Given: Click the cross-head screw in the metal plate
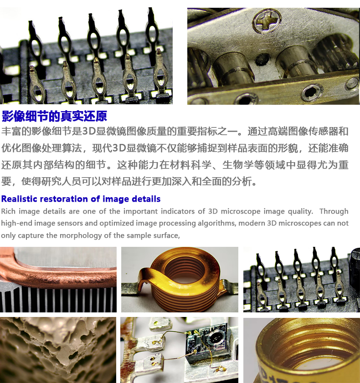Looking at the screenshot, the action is [267, 21].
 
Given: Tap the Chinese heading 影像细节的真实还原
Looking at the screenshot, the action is [54, 116].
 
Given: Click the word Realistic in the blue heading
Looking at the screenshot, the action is [19, 199].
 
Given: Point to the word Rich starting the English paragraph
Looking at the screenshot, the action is [8, 211].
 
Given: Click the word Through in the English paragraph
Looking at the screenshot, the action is [334, 211].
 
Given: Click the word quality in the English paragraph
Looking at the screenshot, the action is [300, 211].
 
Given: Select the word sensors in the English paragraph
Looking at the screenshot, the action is [84, 223].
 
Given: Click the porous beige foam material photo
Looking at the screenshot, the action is [58, 350].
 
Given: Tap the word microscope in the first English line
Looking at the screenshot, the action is [241, 211].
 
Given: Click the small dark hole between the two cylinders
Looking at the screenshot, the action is [262, 59].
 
